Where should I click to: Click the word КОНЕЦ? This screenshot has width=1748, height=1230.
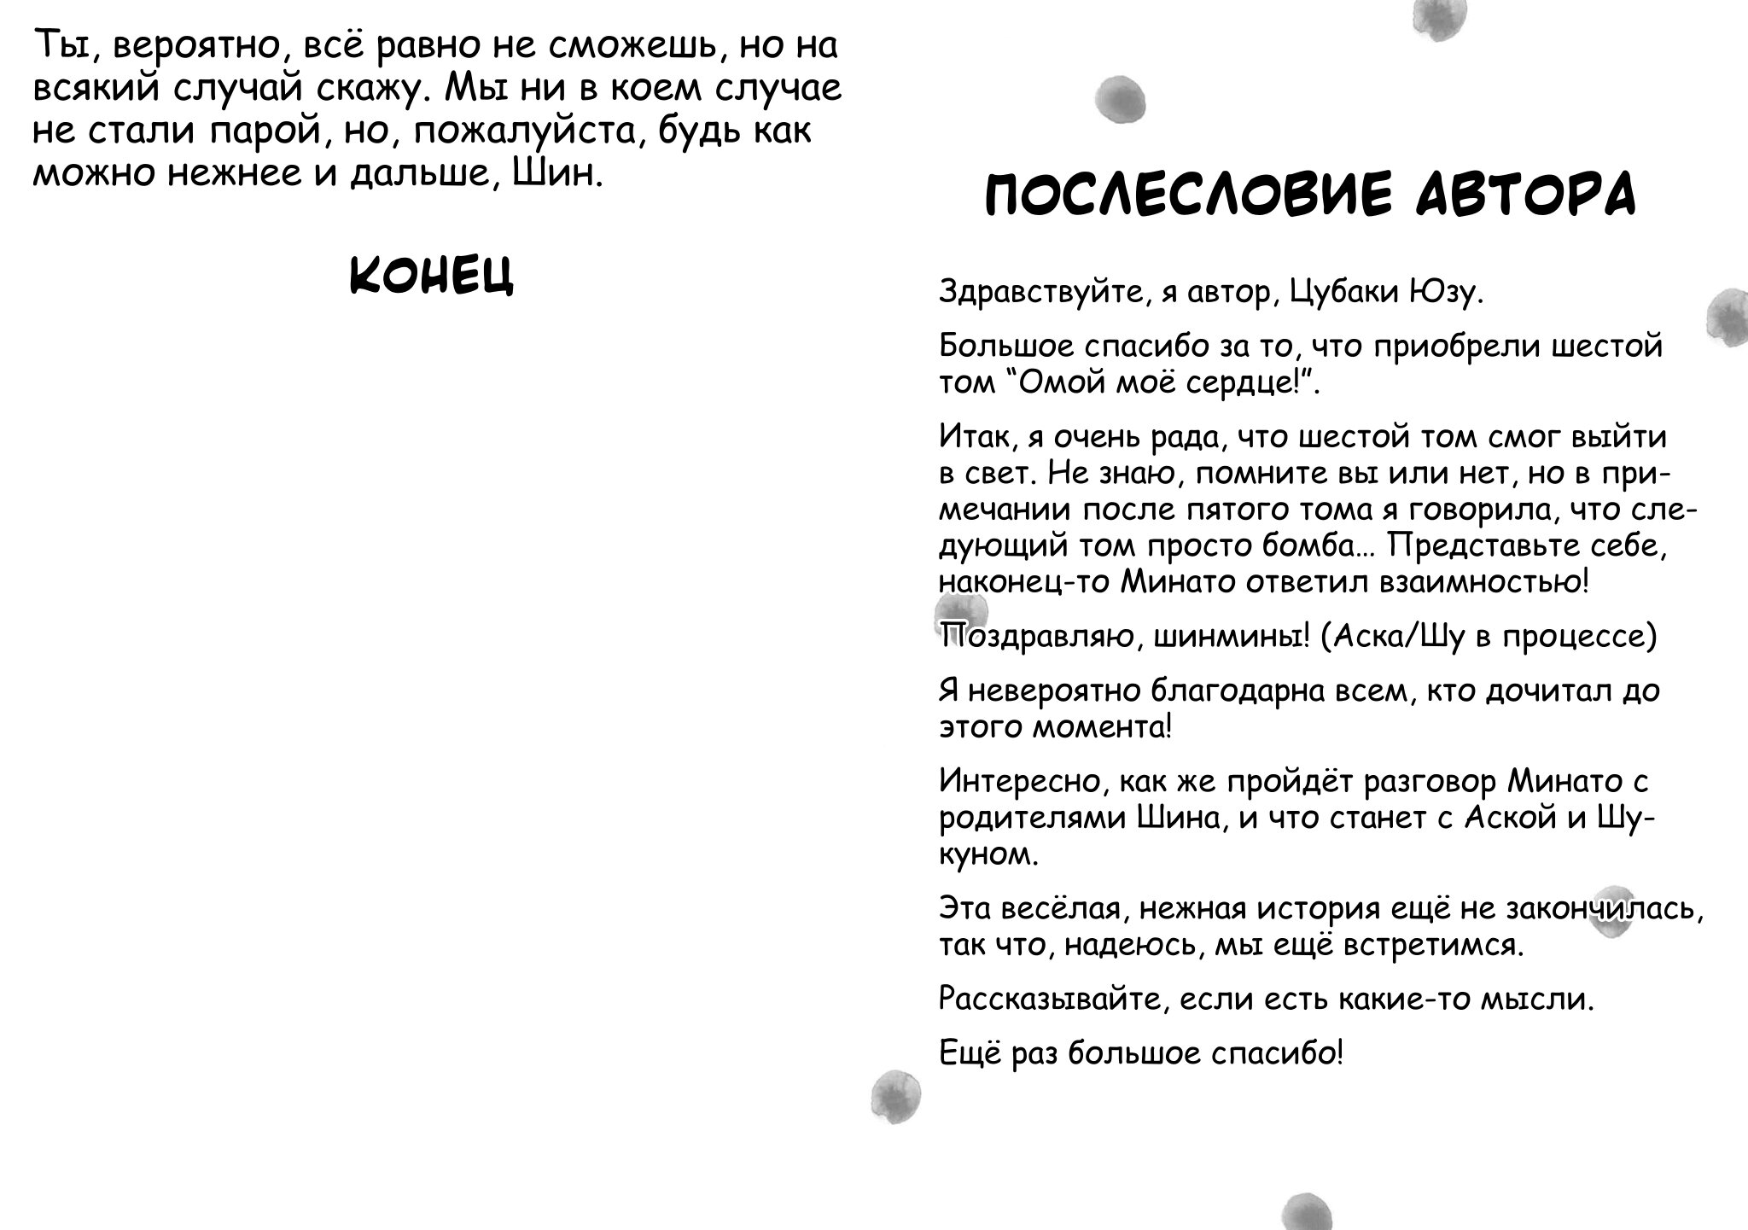pyautogui.click(x=432, y=275)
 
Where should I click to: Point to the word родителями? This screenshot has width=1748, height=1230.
pyautogui.click(x=1032, y=818)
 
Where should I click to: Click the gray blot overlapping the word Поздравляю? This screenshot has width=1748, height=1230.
pyautogui.click(x=960, y=615)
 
